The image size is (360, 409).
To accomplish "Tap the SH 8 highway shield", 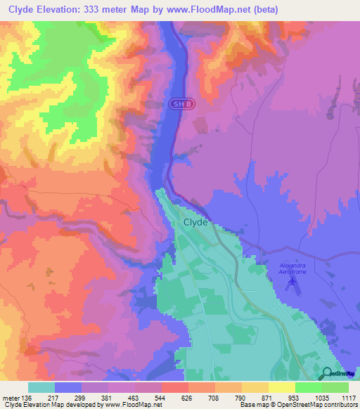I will (x=179, y=104).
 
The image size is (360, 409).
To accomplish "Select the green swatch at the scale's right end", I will (x=335, y=388).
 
